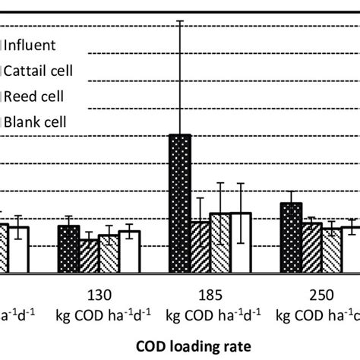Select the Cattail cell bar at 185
pyautogui.click(x=200, y=247)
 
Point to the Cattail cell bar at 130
pyautogui.click(x=89, y=256)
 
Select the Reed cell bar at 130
pyautogui.click(x=109, y=254)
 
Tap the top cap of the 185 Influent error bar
pyautogui.click(x=179, y=21)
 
